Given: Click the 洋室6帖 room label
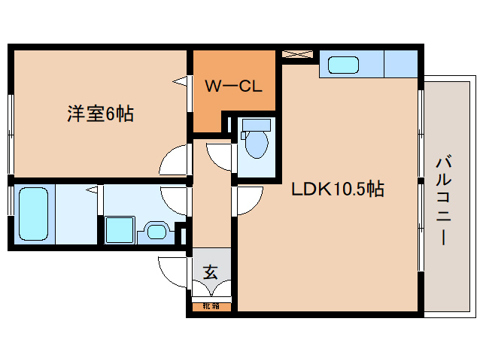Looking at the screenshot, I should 100,114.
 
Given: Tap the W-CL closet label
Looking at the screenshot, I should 233,86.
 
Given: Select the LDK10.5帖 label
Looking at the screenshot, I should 338,189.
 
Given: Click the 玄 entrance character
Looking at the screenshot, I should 210,272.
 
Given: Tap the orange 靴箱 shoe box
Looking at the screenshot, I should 211,306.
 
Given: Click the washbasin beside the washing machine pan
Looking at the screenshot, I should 156,230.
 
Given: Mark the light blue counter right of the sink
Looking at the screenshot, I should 401,64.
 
